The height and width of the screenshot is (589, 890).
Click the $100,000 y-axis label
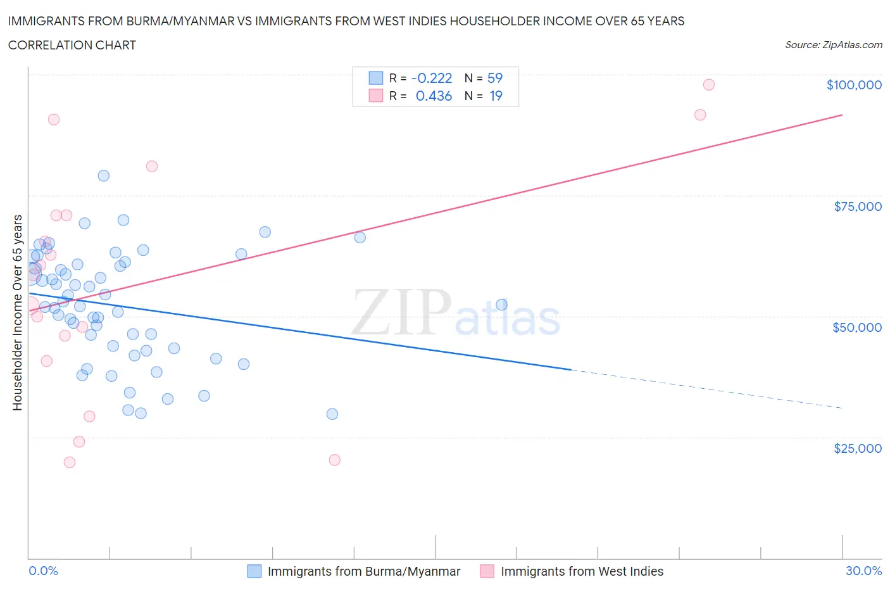pyautogui.click(x=854, y=85)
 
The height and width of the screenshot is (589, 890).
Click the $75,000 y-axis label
pyautogui.click(x=858, y=206)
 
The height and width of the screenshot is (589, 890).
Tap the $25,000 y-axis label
pyautogui.click(x=857, y=448)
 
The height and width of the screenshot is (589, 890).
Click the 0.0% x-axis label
pyautogui.click(x=43, y=571)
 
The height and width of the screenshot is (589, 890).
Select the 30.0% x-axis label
pyautogui.click(x=863, y=571)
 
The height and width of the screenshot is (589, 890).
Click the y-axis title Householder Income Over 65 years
pyautogui.click(x=18, y=312)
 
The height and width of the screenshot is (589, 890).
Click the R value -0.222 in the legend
pyautogui.click(x=431, y=78)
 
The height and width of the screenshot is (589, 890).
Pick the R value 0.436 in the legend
pyautogui.click(x=434, y=96)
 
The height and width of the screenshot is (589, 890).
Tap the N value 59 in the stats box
pyautogui.click(x=494, y=78)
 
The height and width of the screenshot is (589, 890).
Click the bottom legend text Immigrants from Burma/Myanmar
pyautogui.click(x=364, y=571)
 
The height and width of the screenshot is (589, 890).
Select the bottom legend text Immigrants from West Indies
pyautogui.click(x=582, y=571)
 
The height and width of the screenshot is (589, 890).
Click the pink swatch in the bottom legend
pyautogui.click(x=487, y=571)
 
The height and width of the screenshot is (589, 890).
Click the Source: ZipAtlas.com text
pyautogui.click(x=833, y=45)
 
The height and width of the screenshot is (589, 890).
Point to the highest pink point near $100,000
pyautogui.click(x=708, y=85)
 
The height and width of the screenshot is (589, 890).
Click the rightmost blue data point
pyautogui.click(x=501, y=305)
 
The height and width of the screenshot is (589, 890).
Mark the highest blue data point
pyautogui.click(x=103, y=176)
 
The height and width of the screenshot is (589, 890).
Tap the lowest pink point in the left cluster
pyautogui.click(x=70, y=462)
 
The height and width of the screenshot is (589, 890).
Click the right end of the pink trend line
pyautogui.click(x=842, y=115)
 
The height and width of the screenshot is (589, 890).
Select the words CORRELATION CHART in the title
pyautogui.click(x=72, y=45)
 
